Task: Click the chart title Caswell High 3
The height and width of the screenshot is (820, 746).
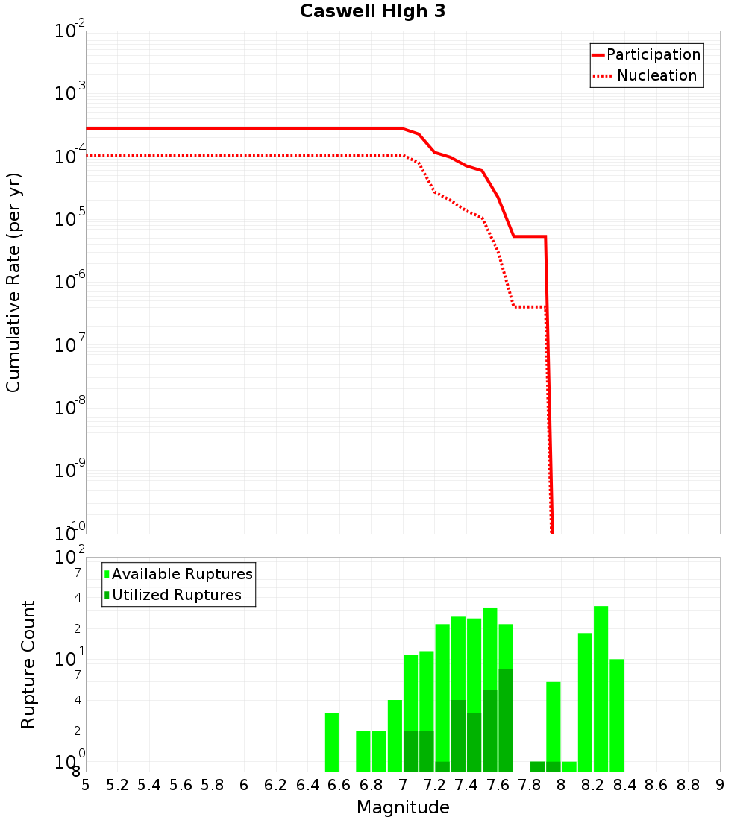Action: (x=372, y=12)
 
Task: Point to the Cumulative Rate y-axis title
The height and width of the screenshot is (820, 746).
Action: (x=13, y=282)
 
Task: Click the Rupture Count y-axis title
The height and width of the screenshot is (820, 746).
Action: (x=28, y=663)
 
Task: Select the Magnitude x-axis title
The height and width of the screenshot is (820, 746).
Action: (x=403, y=807)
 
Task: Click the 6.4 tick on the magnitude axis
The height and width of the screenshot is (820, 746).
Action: (x=307, y=785)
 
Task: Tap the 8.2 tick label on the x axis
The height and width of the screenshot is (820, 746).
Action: (x=593, y=785)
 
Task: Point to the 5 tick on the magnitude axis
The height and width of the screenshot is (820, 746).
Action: (x=86, y=785)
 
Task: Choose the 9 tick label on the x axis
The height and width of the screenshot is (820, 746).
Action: (x=720, y=785)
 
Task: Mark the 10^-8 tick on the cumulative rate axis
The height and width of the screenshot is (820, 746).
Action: (x=69, y=407)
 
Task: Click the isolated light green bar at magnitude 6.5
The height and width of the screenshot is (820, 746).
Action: (x=331, y=742)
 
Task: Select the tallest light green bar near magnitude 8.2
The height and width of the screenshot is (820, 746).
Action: (x=601, y=689)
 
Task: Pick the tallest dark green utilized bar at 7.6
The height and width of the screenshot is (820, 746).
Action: (x=506, y=720)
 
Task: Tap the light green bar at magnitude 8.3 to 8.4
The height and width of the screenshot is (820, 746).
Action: (x=616, y=715)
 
